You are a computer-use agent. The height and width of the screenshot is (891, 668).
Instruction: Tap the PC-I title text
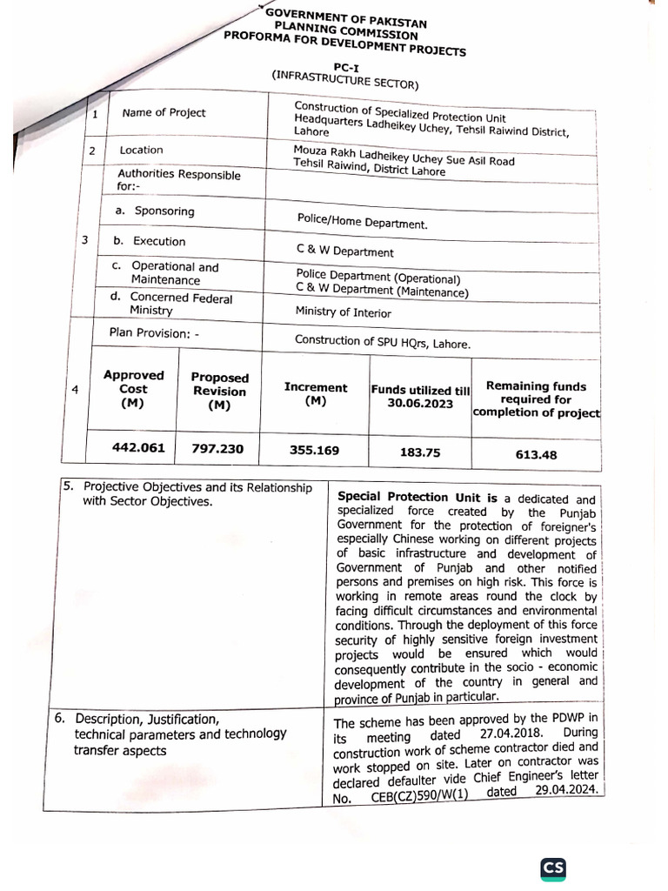[x=345, y=67]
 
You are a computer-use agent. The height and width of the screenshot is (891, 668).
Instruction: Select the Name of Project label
[x=164, y=113]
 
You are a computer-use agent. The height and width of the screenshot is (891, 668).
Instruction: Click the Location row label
[x=141, y=151]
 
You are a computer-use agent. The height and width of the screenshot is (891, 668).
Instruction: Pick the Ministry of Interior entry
[x=344, y=312]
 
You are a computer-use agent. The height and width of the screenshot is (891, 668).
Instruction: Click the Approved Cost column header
[x=133, y=389]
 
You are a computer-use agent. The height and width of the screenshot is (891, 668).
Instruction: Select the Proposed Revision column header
[x=219, y=392]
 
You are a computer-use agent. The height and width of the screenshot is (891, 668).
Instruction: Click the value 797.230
[x=217, y=449]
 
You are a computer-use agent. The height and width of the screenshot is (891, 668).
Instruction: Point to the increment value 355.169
[x=314, y=450]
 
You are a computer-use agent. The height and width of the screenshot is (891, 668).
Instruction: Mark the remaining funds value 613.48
[x=536, y=454]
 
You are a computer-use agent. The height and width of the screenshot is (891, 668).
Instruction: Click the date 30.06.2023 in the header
[x=420, y=404]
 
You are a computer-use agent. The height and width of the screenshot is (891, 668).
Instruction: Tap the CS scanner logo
[x=553, y=868]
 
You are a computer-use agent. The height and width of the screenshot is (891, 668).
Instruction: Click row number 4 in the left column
[x=75, y=391]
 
